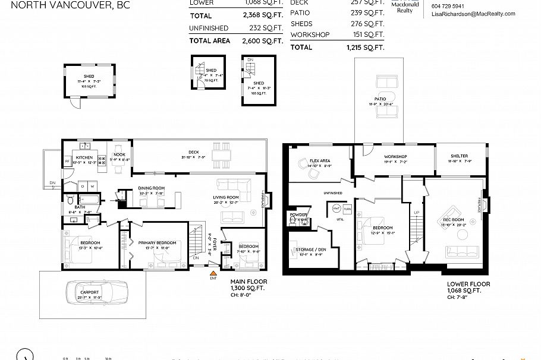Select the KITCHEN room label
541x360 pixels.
82,157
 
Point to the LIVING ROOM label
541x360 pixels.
226,197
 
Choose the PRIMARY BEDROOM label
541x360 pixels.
157,242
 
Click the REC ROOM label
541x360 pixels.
454,220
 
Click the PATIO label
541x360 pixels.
380,99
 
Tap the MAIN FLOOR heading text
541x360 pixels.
249,281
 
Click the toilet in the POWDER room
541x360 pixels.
293,220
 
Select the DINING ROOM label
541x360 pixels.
152,188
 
